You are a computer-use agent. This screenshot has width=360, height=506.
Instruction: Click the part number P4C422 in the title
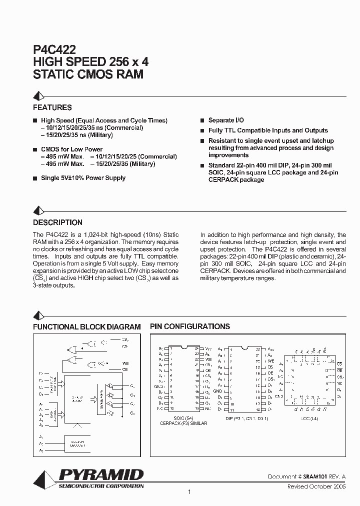pos(54,49)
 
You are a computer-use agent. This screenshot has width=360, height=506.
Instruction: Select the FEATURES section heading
pos(52,107)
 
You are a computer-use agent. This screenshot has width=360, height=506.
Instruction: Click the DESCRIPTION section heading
pos(57,222)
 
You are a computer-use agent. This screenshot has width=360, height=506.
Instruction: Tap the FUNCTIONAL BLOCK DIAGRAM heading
pos(86,326)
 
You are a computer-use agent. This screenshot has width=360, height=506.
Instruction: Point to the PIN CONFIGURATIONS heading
pos(190,326)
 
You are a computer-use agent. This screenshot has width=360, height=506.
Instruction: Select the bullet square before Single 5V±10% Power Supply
pos(35,178)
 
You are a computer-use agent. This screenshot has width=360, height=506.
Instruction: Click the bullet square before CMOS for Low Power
pos(35,149)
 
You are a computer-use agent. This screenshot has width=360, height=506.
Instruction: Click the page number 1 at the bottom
pos(189,493)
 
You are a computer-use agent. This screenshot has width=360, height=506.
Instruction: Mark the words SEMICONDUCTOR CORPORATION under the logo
pos(101,486)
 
